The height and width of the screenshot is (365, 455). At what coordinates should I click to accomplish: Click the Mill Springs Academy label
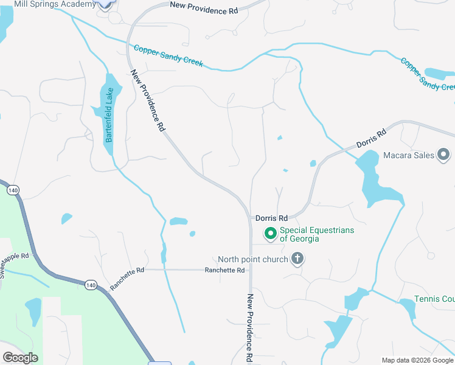55,4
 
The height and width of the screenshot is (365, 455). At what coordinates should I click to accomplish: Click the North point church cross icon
297,260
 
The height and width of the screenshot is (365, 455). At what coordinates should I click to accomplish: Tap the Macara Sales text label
409,155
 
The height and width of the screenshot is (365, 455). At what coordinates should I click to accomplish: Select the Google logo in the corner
20,357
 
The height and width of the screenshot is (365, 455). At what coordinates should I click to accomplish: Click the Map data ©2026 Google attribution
417,360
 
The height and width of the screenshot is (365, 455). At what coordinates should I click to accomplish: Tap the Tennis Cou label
434,299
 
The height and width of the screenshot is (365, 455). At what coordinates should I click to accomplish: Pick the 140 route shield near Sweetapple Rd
13,190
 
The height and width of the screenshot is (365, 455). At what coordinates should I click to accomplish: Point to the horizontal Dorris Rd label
271,218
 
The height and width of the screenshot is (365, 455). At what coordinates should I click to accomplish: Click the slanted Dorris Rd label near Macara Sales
371,139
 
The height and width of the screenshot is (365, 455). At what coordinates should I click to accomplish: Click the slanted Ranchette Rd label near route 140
127,279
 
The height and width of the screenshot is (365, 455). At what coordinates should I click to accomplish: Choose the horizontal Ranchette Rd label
224,270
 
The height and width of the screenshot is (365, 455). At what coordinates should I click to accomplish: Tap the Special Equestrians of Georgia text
316,234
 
